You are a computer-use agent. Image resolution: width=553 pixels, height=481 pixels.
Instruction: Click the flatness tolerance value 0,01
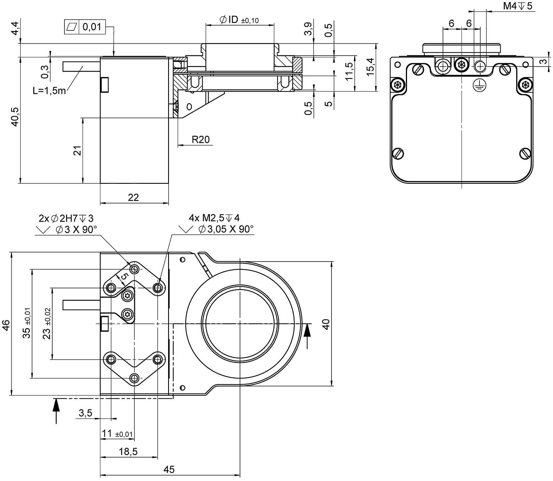click(92, 27)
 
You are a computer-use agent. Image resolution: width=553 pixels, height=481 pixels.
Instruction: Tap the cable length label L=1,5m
click(49, 90)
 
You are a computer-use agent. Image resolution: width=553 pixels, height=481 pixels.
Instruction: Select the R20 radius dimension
click(201, 139)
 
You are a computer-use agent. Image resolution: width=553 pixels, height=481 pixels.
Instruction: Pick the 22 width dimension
click(133, 197)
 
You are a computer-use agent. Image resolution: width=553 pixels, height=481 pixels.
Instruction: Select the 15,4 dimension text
click(371, 66)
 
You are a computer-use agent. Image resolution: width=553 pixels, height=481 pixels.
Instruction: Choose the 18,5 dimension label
click(128, 452)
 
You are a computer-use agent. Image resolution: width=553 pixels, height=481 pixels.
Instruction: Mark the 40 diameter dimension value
click(326, 324)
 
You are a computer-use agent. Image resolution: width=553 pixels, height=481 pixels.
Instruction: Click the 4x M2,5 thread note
click(214, 218)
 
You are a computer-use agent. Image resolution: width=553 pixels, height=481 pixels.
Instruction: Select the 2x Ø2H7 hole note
click(66, 218)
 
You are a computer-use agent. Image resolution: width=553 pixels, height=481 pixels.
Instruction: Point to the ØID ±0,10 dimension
click(239, 20)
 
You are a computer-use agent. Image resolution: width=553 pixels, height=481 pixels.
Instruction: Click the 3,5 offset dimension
click(85, 413)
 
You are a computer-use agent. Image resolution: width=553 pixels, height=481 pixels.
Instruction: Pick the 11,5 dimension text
click(349, 71)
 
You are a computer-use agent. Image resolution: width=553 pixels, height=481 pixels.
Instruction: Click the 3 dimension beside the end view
click(544, 61)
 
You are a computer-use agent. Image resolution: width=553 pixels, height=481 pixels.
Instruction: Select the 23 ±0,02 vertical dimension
click(47, 324)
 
